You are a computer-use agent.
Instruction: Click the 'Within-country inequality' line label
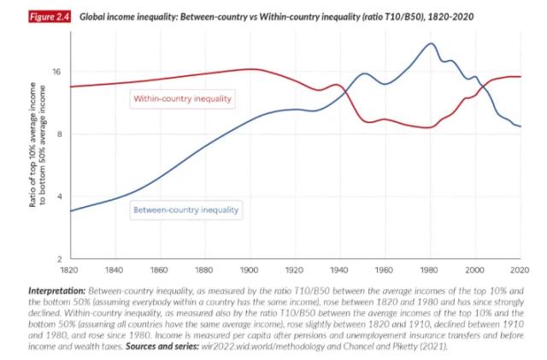(x=182, y=98)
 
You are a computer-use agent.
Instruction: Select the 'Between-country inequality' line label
(x=185, y=209)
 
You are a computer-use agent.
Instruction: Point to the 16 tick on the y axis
(x=56, y=72)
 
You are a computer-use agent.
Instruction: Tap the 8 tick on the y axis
(x=59, y=134)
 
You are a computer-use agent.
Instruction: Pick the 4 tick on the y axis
(x=59, y=197)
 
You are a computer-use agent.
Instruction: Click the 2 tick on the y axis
(x=59, y=259)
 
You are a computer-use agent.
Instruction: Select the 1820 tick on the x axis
(x=71, y=269)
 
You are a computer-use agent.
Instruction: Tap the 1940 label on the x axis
(x=340, y=269)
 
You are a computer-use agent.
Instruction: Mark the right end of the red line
(x=521, y=77)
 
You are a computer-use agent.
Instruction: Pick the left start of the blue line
(x=71, y=210)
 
